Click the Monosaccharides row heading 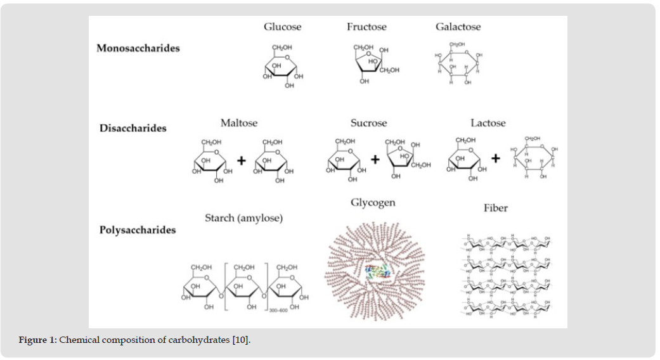point(138,48)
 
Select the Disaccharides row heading point(133,128)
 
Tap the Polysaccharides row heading point(138,229)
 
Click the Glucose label point(282,27)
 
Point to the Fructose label point(366,27)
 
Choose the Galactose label point(458,27)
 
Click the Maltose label point(239,122)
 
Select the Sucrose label point(368,122)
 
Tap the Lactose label point(488,122)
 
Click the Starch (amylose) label point(243,218)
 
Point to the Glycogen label point(373,203)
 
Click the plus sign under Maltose point(241,161)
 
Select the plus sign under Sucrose point(375,160)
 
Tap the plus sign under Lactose point(495,158)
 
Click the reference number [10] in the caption point(241,340)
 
